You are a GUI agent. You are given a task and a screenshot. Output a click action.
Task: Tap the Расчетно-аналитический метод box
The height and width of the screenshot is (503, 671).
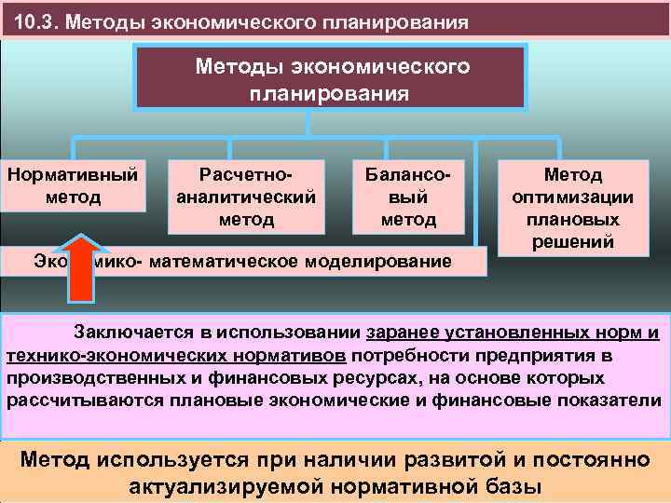click(x=246, y=197)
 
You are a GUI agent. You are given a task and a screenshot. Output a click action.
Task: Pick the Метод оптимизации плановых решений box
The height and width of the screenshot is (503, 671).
click(x=573, y=207)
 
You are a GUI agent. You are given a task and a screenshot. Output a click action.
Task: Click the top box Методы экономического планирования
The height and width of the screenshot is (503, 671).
click(x=330, y=79)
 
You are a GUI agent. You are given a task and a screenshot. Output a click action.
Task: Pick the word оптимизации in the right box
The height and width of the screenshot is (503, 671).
click(x=573, y=197)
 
